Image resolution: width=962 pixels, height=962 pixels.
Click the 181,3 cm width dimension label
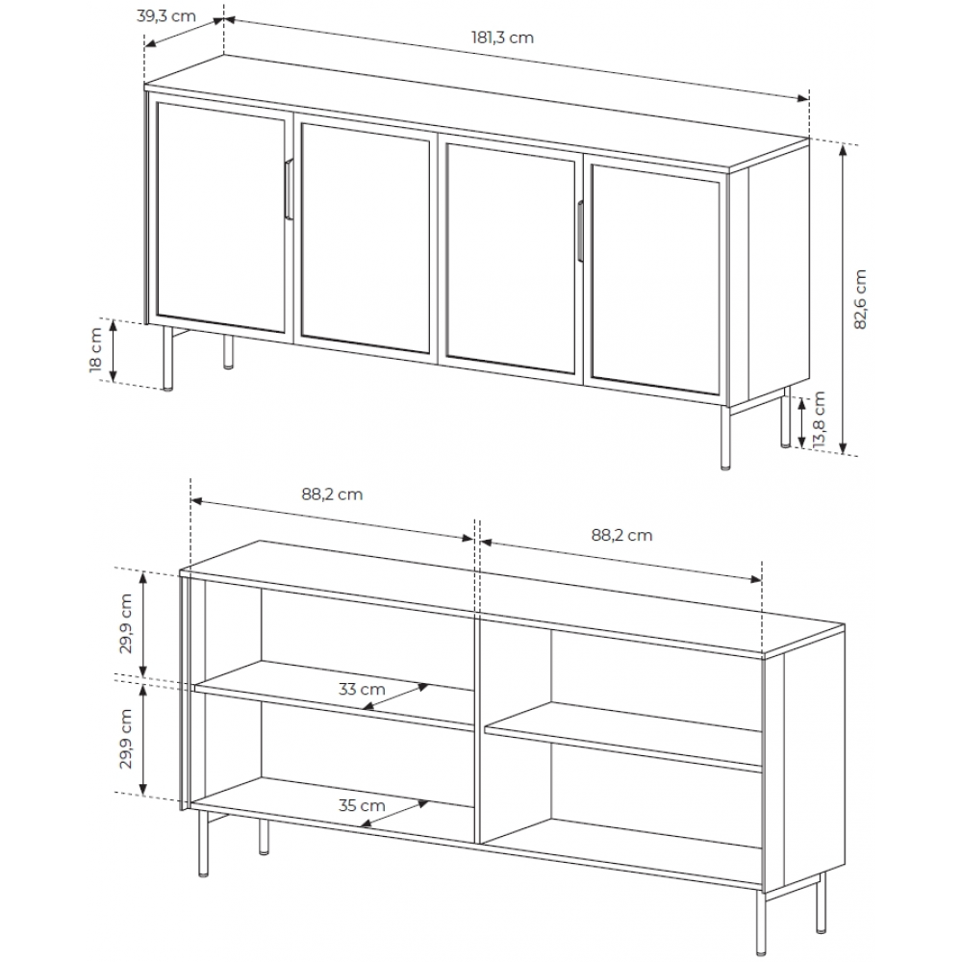click(502, 38)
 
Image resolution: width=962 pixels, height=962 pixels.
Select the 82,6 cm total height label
click(860, 298)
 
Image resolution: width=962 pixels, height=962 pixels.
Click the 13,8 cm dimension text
click(819, 420)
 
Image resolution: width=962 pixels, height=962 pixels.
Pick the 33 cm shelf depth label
click(362, 689)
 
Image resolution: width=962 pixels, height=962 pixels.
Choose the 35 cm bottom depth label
click(362, 805)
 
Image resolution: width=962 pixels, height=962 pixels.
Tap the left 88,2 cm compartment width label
click(332, 494)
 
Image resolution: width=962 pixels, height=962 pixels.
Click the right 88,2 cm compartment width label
click(620, 535)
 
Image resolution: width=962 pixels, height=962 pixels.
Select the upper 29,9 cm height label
click(126, 623)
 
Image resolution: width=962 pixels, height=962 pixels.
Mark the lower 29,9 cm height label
click(126, 739)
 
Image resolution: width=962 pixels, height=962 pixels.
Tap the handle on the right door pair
click(580, 231)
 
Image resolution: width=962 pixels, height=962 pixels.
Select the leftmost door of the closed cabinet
click(219, 215)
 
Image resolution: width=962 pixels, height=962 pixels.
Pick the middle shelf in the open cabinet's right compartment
click(623, 736)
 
